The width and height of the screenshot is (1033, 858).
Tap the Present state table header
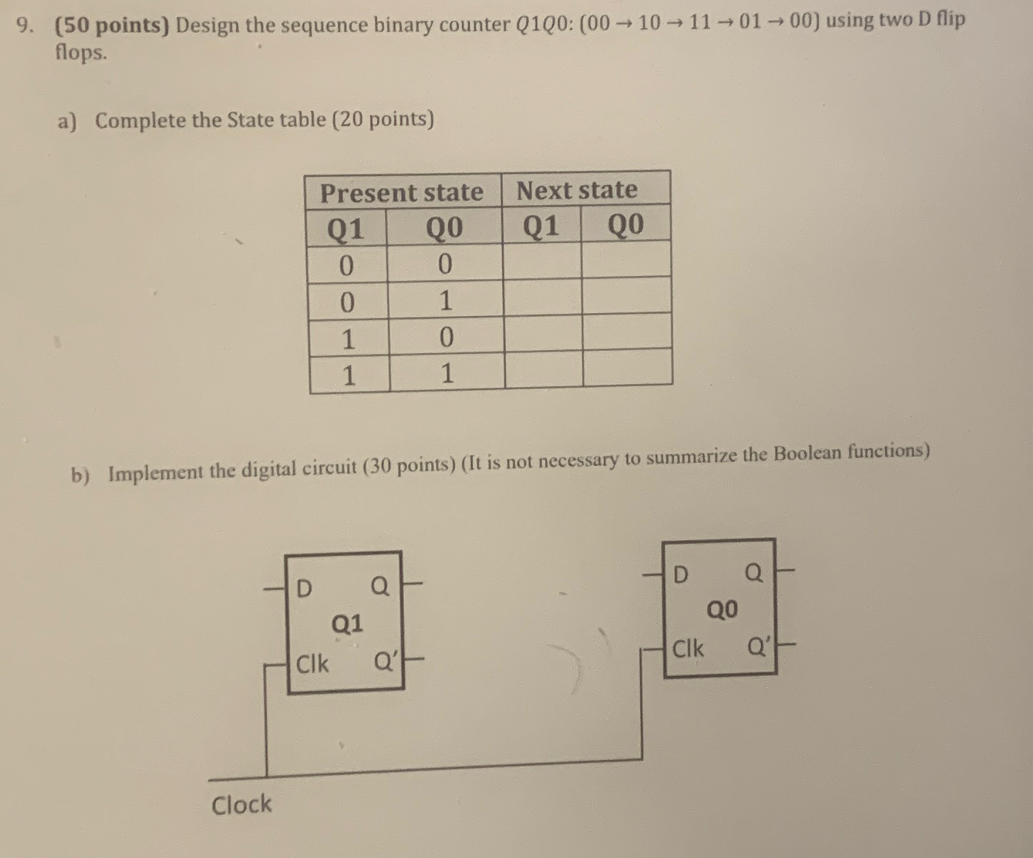tap(401, 193)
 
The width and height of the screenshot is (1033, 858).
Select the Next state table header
tap(577, 190)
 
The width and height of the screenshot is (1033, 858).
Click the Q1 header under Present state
tap(345, 229)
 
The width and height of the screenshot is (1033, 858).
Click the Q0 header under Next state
tap(626, 225)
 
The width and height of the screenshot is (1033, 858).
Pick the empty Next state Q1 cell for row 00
tap(542, 260)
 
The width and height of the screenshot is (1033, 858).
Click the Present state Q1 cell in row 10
tap(348, 339)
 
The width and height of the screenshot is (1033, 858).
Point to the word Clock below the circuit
tap(241, 805)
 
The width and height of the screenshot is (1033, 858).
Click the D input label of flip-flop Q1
tap(304, 588)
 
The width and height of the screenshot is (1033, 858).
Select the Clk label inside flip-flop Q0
tap(688, 648)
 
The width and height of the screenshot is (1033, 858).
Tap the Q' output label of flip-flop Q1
tap(385, 662)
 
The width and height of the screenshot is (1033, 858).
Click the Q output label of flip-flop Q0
tap(753, 572)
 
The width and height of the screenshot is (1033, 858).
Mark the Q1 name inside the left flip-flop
tap(347, 625)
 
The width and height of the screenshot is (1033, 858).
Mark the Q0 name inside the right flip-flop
tap(722, 610)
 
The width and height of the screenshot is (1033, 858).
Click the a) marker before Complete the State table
tap(66, 122)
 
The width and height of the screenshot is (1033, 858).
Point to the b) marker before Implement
tap(80, 475)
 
